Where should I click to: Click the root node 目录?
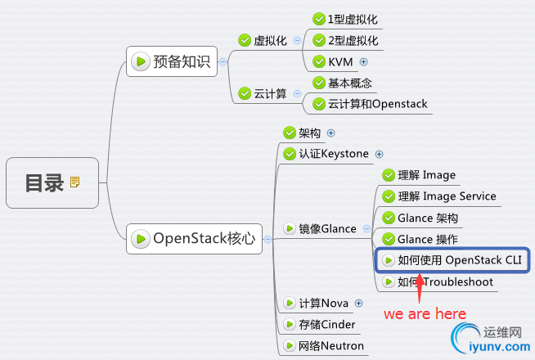coord(44,182)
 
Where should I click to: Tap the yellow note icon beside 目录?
coord(75,182)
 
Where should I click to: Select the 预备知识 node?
coord(172,61)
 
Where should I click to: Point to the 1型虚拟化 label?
coord(352,19)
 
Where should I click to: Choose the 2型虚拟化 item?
coord(352,40)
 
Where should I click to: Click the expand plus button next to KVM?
coord(364,61)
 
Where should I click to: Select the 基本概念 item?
coord(350,83)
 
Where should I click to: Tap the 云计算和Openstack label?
coord(377,104)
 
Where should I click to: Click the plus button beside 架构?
coord(331,133)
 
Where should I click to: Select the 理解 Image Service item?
coord(447,196)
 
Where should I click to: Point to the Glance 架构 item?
coord(428,218)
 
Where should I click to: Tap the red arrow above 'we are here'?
coord(419,288)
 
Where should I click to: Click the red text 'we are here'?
coord(425,313)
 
